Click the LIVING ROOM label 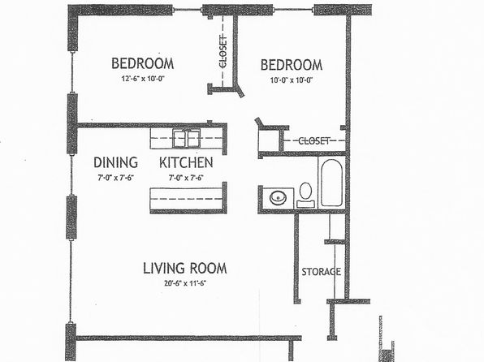185,268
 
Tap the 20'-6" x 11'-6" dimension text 185,283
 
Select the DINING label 116,162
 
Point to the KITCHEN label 186,162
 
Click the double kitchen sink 186,138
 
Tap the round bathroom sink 278,197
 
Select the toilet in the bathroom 305,195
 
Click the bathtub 331,183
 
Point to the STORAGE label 322,272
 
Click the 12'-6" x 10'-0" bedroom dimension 142,79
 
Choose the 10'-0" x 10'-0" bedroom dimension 292,80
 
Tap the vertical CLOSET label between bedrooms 223,51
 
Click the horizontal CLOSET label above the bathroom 314,141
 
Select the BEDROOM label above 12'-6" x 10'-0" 143,63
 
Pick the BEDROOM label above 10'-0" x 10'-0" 292,65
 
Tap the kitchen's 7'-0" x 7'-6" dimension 186,178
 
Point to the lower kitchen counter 187,199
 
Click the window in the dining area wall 71,175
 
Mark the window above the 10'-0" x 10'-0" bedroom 293,10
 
